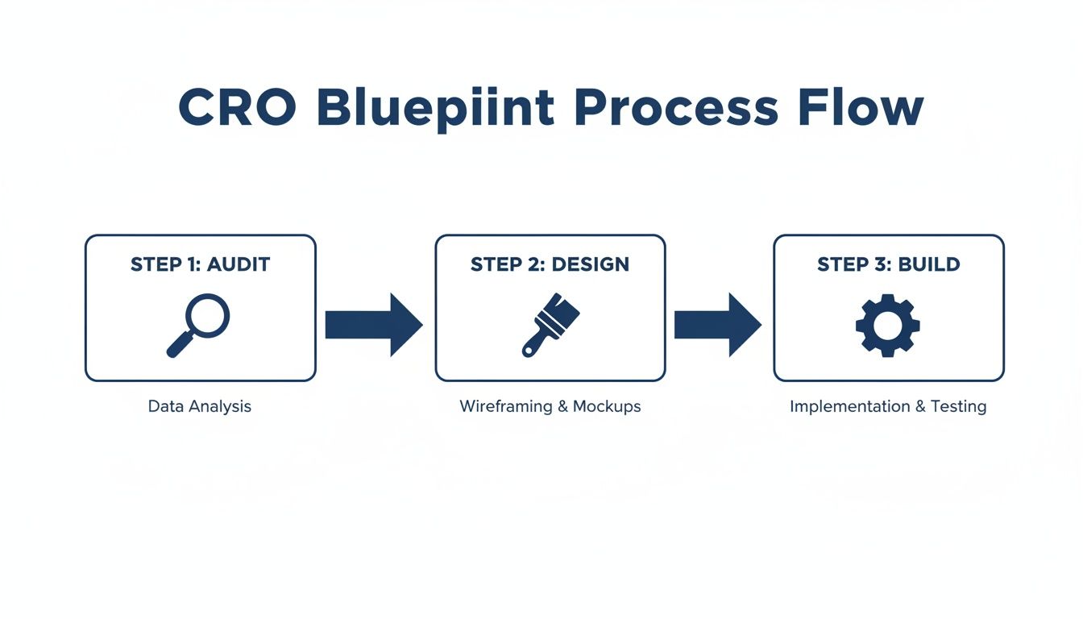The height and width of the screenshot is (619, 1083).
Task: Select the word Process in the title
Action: tap(677, 107)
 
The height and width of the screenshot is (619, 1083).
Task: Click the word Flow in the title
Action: tap(860, 107)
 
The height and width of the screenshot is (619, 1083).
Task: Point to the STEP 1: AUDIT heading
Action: tap(200, 264)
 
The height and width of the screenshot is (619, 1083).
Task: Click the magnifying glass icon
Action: tap(198, 325)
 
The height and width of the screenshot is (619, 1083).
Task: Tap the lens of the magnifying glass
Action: tap(208, 315)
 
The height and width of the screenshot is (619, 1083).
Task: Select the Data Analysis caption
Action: tap(200, 406)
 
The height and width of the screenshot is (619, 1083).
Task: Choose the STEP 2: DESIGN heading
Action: tap(550, 264)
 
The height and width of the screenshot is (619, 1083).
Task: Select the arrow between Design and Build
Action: tap(717, 325)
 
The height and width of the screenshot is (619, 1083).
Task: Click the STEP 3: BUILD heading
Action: tap(888, 264)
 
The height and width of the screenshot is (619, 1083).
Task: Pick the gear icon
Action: tap(887, 325)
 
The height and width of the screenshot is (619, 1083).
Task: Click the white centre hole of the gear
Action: tap(887, 325)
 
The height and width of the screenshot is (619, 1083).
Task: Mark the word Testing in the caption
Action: tap(958, 406)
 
